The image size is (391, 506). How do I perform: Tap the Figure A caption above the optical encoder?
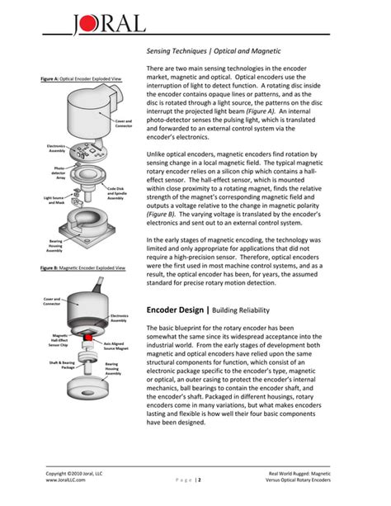pos(81,78)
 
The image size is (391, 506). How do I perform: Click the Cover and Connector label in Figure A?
pos(124,124)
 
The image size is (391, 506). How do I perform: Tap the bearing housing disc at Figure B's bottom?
pos(82,388)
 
